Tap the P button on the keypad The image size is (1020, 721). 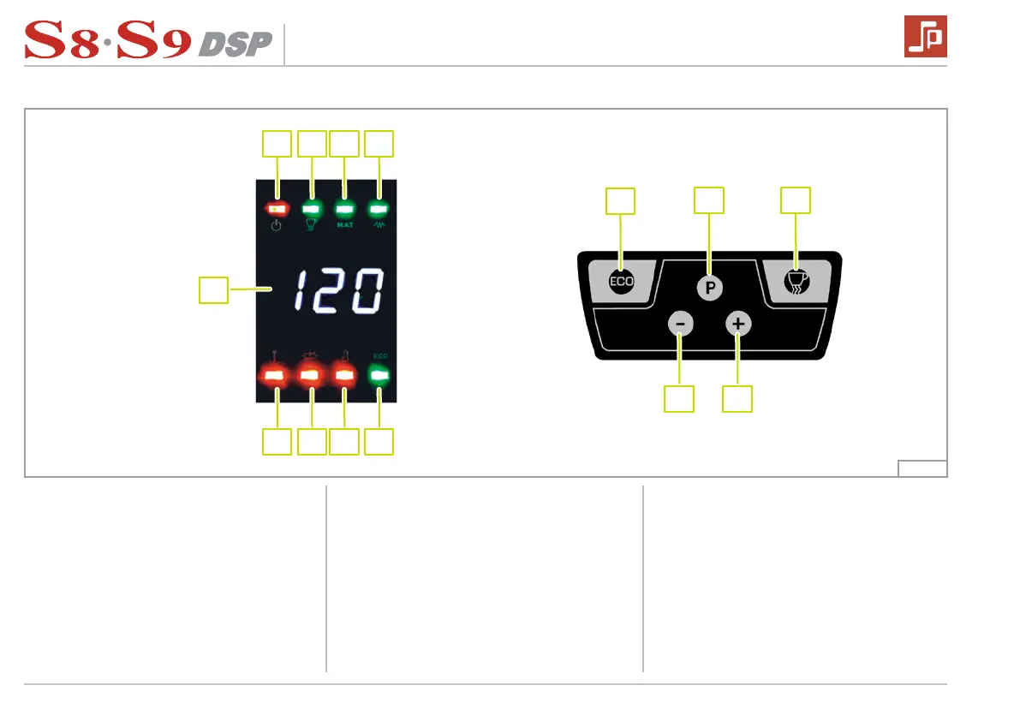(x=708, y=289)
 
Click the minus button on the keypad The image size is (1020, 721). (x=680, y=325)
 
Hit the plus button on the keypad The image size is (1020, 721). (x=738, y=325)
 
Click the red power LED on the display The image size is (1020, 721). (x=277, y=208)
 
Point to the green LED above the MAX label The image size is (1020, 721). (x=344, y=208)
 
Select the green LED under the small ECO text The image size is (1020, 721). (x=379, y=374)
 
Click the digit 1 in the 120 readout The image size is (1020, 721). (x=301, y=291)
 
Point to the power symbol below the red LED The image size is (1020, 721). (x=277, y=227)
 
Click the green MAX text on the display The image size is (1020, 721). (x=344, y=225)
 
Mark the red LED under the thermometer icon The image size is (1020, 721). (x=344, y=375)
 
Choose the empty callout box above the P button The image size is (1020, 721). (x=709, y=200)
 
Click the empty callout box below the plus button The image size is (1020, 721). (x=738, y=399)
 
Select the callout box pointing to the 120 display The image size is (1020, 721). (x=213, y=289)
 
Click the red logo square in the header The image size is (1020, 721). (x=925, y=38)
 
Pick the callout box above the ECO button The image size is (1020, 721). (x=621, y=201)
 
